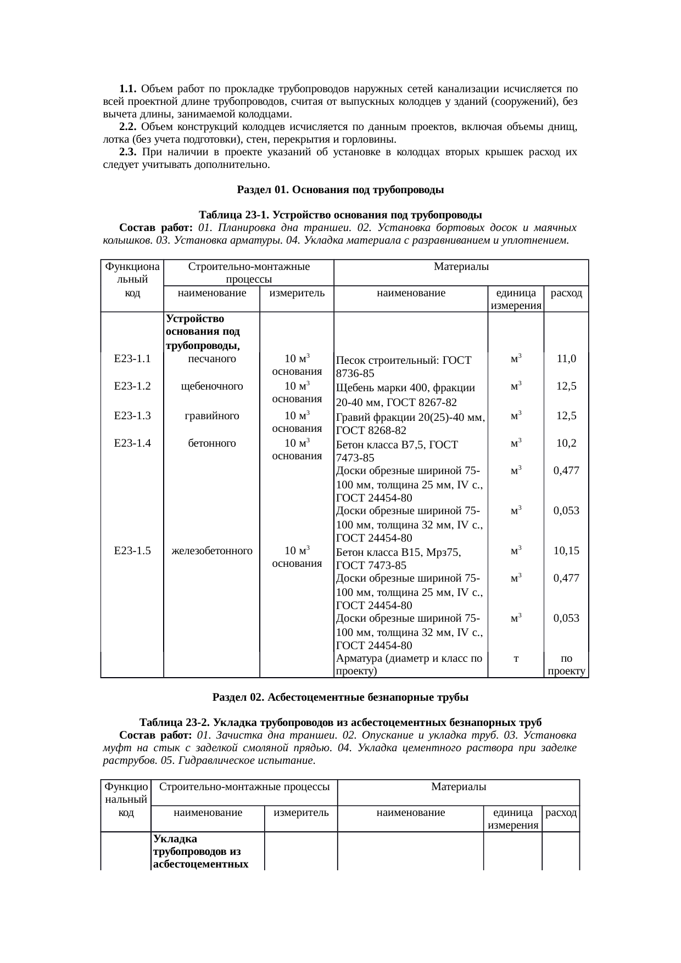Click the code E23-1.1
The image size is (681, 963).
pos(132,359)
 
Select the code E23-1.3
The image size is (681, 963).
pos(132,416)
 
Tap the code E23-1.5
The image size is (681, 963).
pos(132,551)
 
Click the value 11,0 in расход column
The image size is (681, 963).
pos(566,359)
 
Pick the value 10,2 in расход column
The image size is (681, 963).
pos(566,443)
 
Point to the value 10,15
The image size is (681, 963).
pos(566,551)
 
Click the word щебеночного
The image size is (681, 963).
pos(212,386)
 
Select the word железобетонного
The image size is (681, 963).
pos(212,551)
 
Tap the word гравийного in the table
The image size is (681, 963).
pos(212,416)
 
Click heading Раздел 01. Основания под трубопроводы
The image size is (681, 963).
pos(340,190)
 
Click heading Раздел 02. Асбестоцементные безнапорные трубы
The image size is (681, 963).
pos(340,698)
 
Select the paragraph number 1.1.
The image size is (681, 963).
pos(127,89)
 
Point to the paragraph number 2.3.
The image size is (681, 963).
pos(127,152)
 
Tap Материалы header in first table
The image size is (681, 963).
pos(461,267)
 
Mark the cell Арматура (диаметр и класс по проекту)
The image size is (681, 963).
pos(409,664)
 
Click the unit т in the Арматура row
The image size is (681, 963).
pos(516,658)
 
